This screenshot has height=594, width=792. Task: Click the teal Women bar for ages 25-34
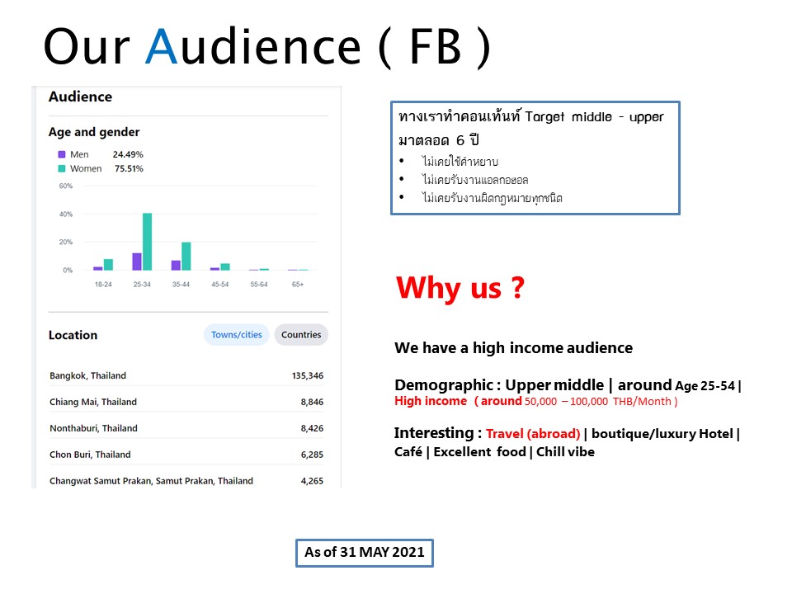147,242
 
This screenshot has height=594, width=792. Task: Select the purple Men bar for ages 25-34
137,262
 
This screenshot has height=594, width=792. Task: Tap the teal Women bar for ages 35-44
186,256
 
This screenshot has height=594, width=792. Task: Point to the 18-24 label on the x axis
103,285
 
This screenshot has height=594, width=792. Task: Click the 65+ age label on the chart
298,285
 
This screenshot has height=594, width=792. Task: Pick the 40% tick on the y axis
66,214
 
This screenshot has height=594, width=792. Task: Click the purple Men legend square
62,154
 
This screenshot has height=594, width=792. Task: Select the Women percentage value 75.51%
129,168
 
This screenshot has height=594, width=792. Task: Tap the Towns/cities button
237,335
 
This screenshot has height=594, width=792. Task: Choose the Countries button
301,335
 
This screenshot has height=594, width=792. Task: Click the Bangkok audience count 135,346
308,376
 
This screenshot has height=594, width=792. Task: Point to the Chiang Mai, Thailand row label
93,402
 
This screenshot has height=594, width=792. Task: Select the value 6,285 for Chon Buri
312,455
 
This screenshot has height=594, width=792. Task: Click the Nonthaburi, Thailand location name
93,428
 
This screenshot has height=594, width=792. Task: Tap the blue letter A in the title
161,46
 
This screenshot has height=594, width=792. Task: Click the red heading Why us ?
460,288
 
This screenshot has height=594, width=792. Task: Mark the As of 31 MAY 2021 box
364,553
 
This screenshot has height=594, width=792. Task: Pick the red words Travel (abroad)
533,434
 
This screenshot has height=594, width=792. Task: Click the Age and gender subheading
94,132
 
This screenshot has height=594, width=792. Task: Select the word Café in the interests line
408,451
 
